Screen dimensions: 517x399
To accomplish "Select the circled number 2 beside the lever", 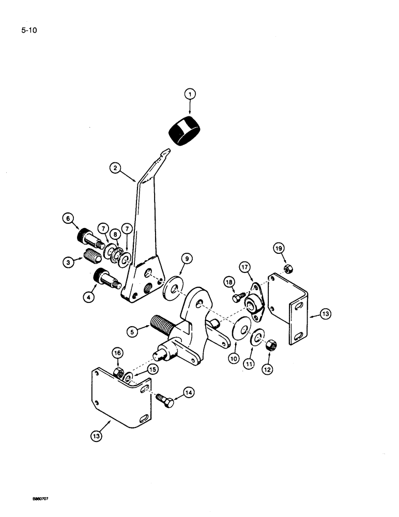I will pos(115,168).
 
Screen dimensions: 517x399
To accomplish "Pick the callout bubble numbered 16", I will pos(117,353).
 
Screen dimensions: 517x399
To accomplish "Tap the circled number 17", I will pos(243,267).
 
